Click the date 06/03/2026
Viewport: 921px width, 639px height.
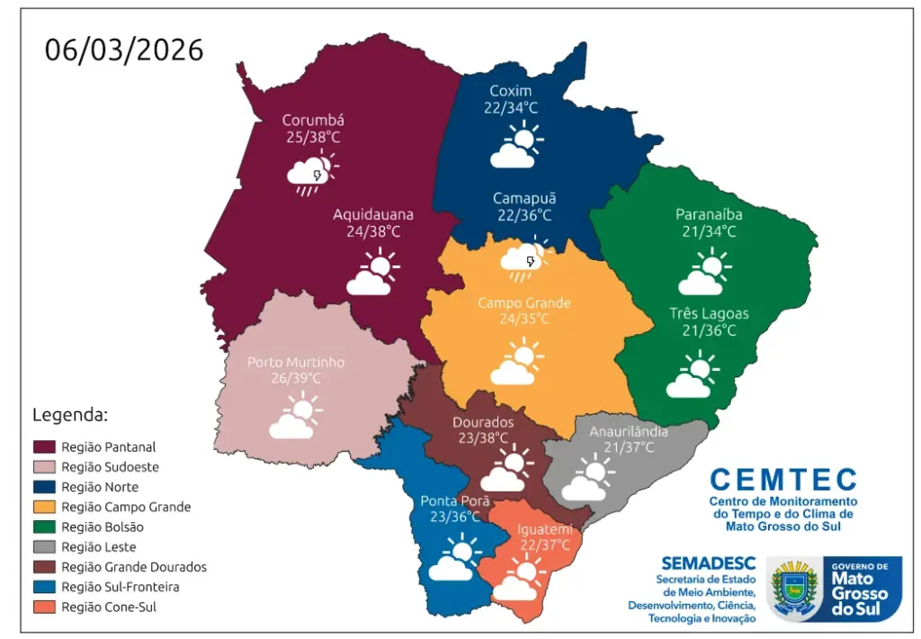click(124, 49)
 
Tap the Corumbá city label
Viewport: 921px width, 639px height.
click(313, 120)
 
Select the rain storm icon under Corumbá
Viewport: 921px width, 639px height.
click(310, 174)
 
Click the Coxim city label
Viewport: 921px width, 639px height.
click(511, 91)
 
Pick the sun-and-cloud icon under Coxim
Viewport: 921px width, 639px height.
click(516, 148)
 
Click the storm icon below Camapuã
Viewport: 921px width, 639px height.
click(524, 259)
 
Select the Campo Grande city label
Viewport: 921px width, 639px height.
click(523, 302)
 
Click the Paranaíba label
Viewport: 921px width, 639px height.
click(708, 214)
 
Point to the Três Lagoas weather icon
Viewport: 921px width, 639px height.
click(693, 376)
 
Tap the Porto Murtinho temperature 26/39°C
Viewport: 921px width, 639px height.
click(296, 379)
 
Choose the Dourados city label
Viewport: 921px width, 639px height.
click(483, 422)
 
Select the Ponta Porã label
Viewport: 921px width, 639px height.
click(455, 500)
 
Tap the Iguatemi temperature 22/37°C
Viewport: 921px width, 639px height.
click(543, 544)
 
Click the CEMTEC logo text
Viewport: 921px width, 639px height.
click(782, 480)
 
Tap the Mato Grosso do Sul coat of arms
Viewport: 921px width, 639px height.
click(793, 589)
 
